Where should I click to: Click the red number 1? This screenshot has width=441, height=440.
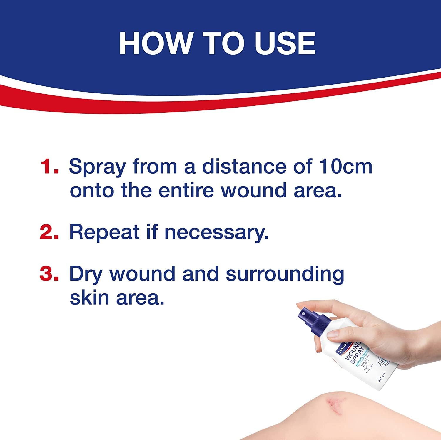pyautogui.click(x=49, y=167)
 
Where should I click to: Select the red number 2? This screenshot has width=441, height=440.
pyautogui.click(x=49, y=232)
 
